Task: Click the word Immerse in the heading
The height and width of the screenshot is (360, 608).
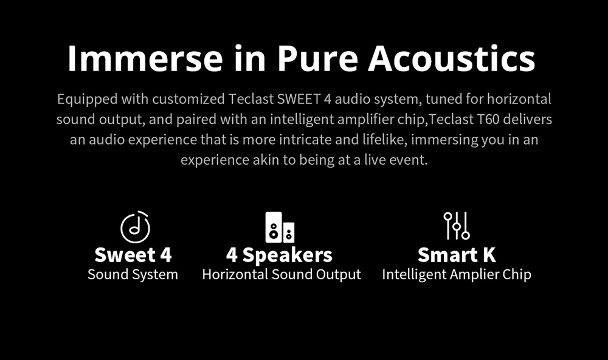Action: click(x=145, y=58)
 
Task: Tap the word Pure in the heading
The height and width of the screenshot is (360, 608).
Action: click(x=317, y=58)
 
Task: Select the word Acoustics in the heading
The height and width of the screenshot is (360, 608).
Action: click(x=451, y=58)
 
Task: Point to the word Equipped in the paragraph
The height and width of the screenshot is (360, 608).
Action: click(x=87, y=99)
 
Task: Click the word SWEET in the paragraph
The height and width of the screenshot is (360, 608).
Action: click(x=299, y=99)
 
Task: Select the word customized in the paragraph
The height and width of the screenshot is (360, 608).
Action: click(x=188, y=99)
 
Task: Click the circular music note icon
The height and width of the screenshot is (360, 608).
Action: click(x=135, y=227)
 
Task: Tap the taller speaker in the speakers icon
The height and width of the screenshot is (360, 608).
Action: click(x=274, y=227)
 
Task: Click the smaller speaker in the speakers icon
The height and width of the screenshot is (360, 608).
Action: click(x=289, y=232)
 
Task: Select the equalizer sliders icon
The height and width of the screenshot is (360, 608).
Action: click(x=457, y=226)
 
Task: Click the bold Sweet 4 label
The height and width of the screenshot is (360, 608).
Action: click(x=133, y=255)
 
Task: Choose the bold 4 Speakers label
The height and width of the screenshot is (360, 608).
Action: click(x=279, y=255)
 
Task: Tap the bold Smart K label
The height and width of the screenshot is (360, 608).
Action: click(x=457, y=255)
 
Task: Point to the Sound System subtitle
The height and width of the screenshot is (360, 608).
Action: click(x=133, y=275)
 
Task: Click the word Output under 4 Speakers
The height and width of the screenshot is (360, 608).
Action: click(x=339, y=275)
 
